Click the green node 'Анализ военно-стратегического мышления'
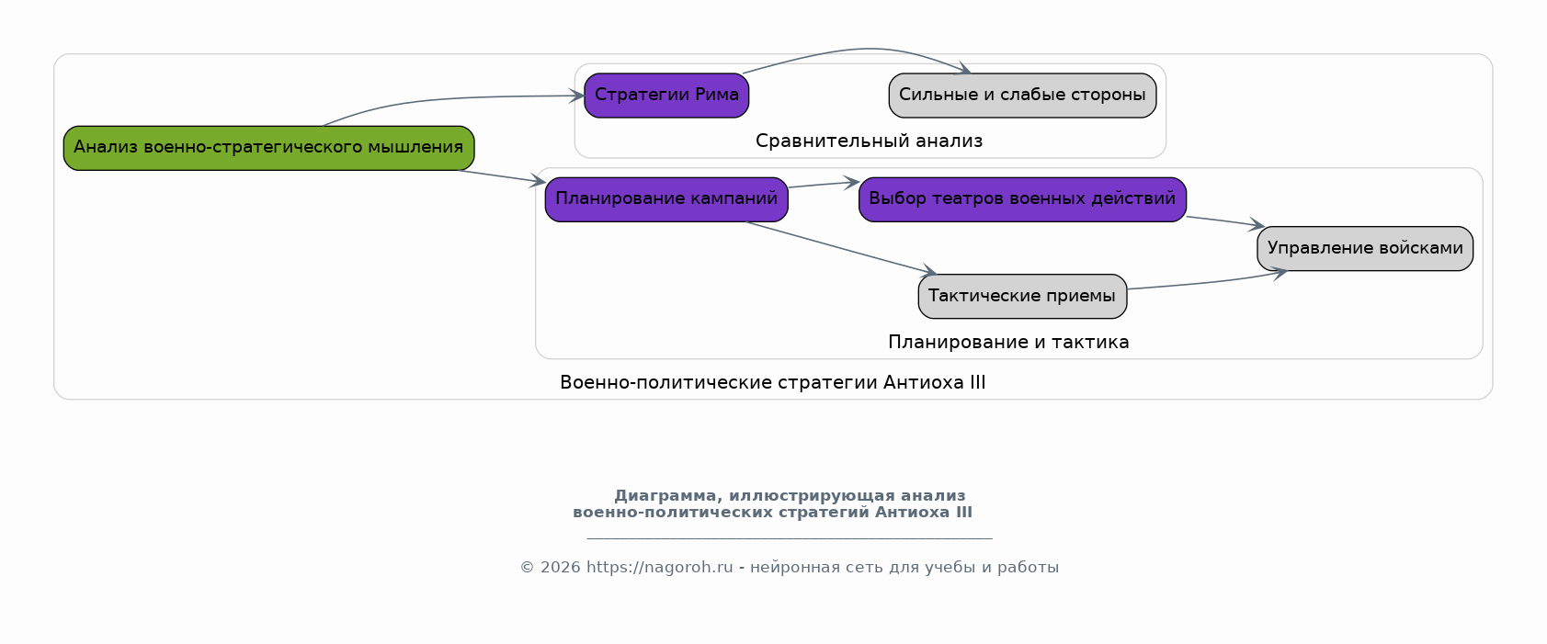[268, 148]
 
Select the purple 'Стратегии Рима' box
[666, 96]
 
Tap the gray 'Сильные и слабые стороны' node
[1022, 96]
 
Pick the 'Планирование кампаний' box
[666, 199]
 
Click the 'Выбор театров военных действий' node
[1022, 199]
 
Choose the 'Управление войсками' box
[1365, 248]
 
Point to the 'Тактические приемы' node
[1022, 296]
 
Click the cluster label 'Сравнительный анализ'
[869, 141]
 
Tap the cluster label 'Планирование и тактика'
[1008, 342]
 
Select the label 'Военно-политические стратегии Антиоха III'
[773, 382]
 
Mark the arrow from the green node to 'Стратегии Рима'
[442, 99]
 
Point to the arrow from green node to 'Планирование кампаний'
[502, 176]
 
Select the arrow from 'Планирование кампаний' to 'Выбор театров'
[824, 185]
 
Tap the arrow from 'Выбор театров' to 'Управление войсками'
[1225, 221]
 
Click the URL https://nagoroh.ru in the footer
[660, 568]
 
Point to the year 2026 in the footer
[560, 568]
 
